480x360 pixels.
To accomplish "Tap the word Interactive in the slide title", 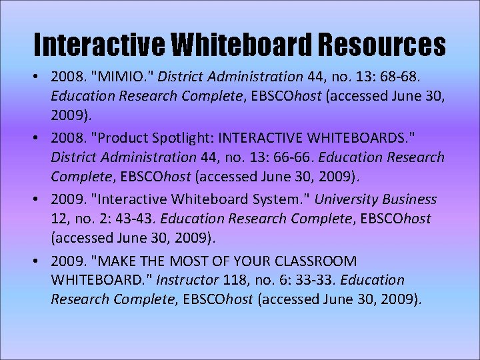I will [x=99, y=45].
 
